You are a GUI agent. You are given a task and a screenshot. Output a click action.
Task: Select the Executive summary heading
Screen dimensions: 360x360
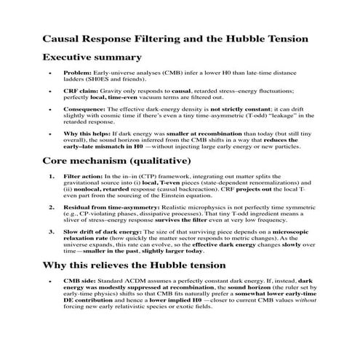click(x=92, y=57)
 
